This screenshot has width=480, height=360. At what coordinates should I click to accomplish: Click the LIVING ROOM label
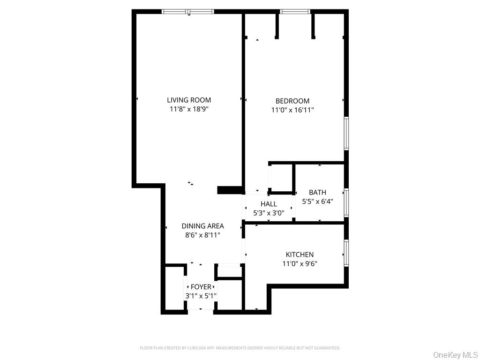[x=189, y=100]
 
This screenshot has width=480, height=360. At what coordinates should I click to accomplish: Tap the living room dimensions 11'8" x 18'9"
[x=189, y=109]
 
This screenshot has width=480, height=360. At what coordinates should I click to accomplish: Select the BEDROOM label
[x=292, y=101]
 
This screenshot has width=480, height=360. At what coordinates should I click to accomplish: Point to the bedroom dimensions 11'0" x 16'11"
[x=292, y=110]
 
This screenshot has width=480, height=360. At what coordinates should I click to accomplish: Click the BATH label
[x=317, y=192]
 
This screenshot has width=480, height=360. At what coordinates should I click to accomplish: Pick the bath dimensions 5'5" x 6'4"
[x=317, y=202]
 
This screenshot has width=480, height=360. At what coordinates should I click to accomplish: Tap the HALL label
[x=269, y=204]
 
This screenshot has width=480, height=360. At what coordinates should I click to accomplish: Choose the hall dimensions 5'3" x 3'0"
[x=269, y=213]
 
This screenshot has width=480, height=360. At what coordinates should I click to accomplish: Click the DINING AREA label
[x=202, y=226]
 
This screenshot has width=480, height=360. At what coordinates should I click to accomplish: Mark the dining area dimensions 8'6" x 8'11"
[x=202, y=235]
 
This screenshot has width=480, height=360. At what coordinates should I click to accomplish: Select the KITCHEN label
[x=300, y=255]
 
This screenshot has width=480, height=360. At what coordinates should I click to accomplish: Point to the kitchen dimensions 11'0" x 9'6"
[x=300, y=263]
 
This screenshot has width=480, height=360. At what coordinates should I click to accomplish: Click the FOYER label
[x=201, y=287]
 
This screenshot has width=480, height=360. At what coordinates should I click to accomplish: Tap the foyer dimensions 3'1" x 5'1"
[x=201, y=296]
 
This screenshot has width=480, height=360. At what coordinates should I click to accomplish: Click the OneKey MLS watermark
[x=455, y=354]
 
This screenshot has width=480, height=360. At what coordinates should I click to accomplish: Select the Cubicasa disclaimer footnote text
[x=240, y=348]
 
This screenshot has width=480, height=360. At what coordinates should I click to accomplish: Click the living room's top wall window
[x=188, y=11]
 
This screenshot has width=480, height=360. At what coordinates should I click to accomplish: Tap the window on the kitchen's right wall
[x=346, y=253]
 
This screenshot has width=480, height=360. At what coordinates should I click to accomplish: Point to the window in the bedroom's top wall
[x=295, y=11]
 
